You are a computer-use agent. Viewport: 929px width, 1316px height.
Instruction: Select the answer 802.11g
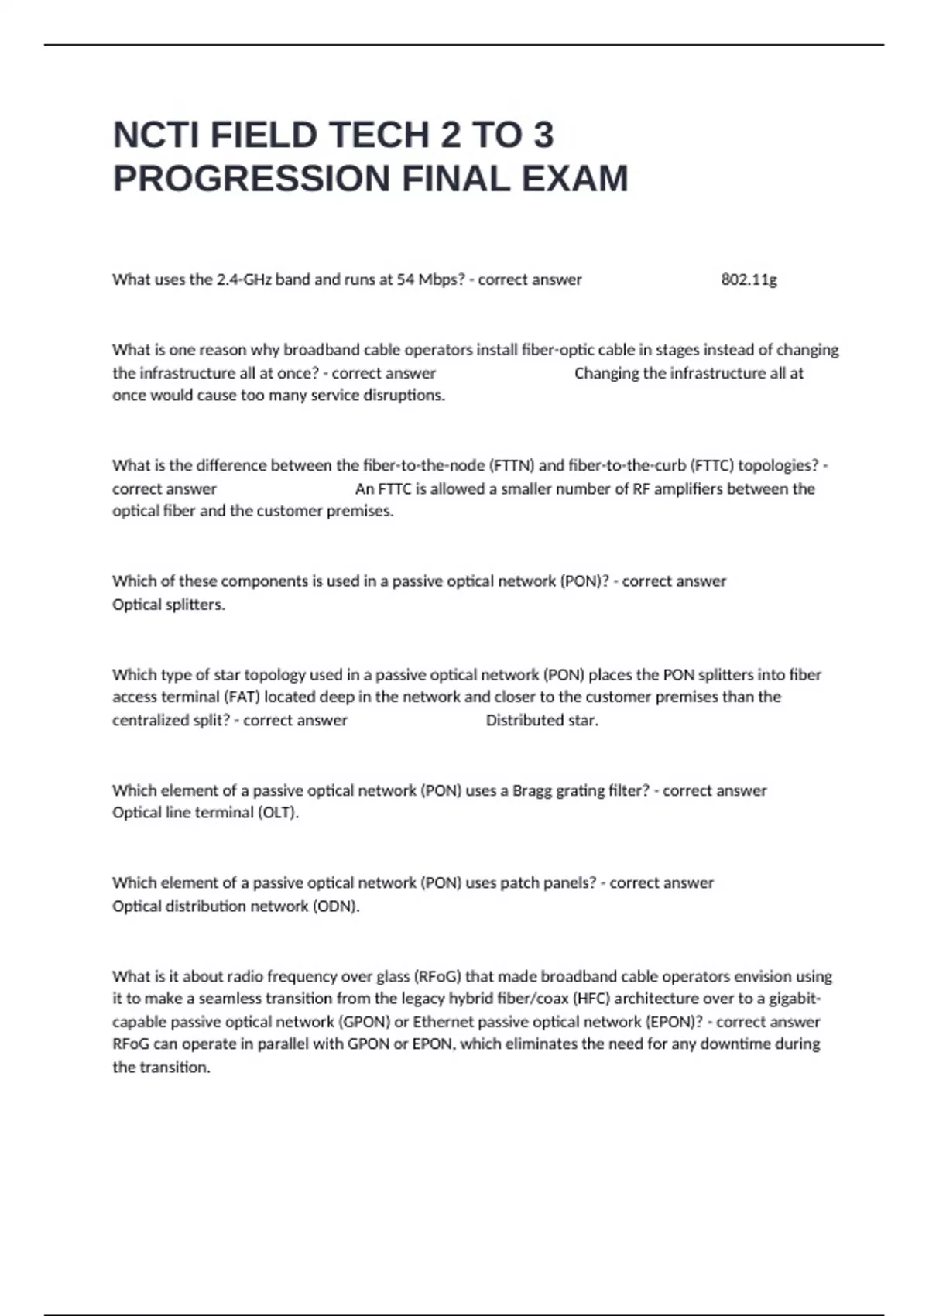click(x=749, y=279)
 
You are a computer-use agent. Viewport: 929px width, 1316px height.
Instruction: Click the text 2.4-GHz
click(x=244, y=279)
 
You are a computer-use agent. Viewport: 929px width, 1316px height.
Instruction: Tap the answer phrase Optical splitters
click(x=169, y=605)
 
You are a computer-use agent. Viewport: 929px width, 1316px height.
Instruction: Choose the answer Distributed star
click(x=542, y=720)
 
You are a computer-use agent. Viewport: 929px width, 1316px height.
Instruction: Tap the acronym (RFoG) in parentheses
click(x=437, y=976)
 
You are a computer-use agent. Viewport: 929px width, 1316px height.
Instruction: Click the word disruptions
click(x=404, y=395)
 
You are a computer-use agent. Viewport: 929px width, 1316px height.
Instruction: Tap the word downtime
click(x=735, y=1044)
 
